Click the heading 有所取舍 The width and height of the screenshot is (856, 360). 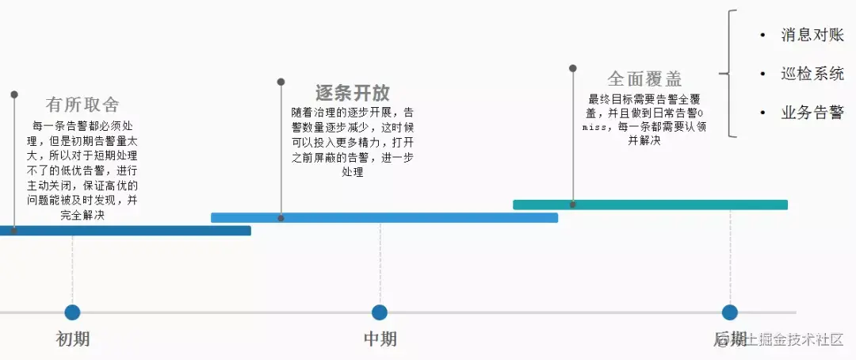pyautogui.click(x=82, y=105)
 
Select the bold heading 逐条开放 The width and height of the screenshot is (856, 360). pyautogui.click(x=353, y=92)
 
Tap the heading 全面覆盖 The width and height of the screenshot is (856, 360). pyautogui.click(x=644, y=79)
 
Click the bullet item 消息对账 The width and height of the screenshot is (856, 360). pyautogui.click(x=812, y=35)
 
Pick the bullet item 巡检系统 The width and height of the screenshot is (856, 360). pyautogui.click(x=812, y=74)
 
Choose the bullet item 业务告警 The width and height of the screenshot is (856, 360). pyautogui.click(x=812, y=113)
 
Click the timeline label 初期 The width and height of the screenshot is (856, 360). pyautogui.click(x=73, y=339)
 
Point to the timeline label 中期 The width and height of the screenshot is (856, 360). pyautogui.click(x=380, y=339)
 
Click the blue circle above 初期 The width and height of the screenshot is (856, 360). pyautogui.click(x=73, y=312)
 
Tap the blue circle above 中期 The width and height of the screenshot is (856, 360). pyautogui.click(x=380, y=312)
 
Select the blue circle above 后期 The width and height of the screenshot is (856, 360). pyautogui.click(x=730, y=312)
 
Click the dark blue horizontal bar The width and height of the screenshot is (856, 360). pyautogui.click(x=127, y=231)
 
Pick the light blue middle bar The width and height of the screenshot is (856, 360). pyautogui.click(x=384, y=217)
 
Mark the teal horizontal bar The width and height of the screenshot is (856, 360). pyautogui.click(x=650, y=205)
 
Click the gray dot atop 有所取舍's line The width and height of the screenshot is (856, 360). pyautogui.click(x=14, y=94)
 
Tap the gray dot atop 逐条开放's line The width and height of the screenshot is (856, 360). pyautogui.click(x=281, y=82)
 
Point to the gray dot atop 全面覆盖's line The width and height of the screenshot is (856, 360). pyautogui.click(x=572, y=68)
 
